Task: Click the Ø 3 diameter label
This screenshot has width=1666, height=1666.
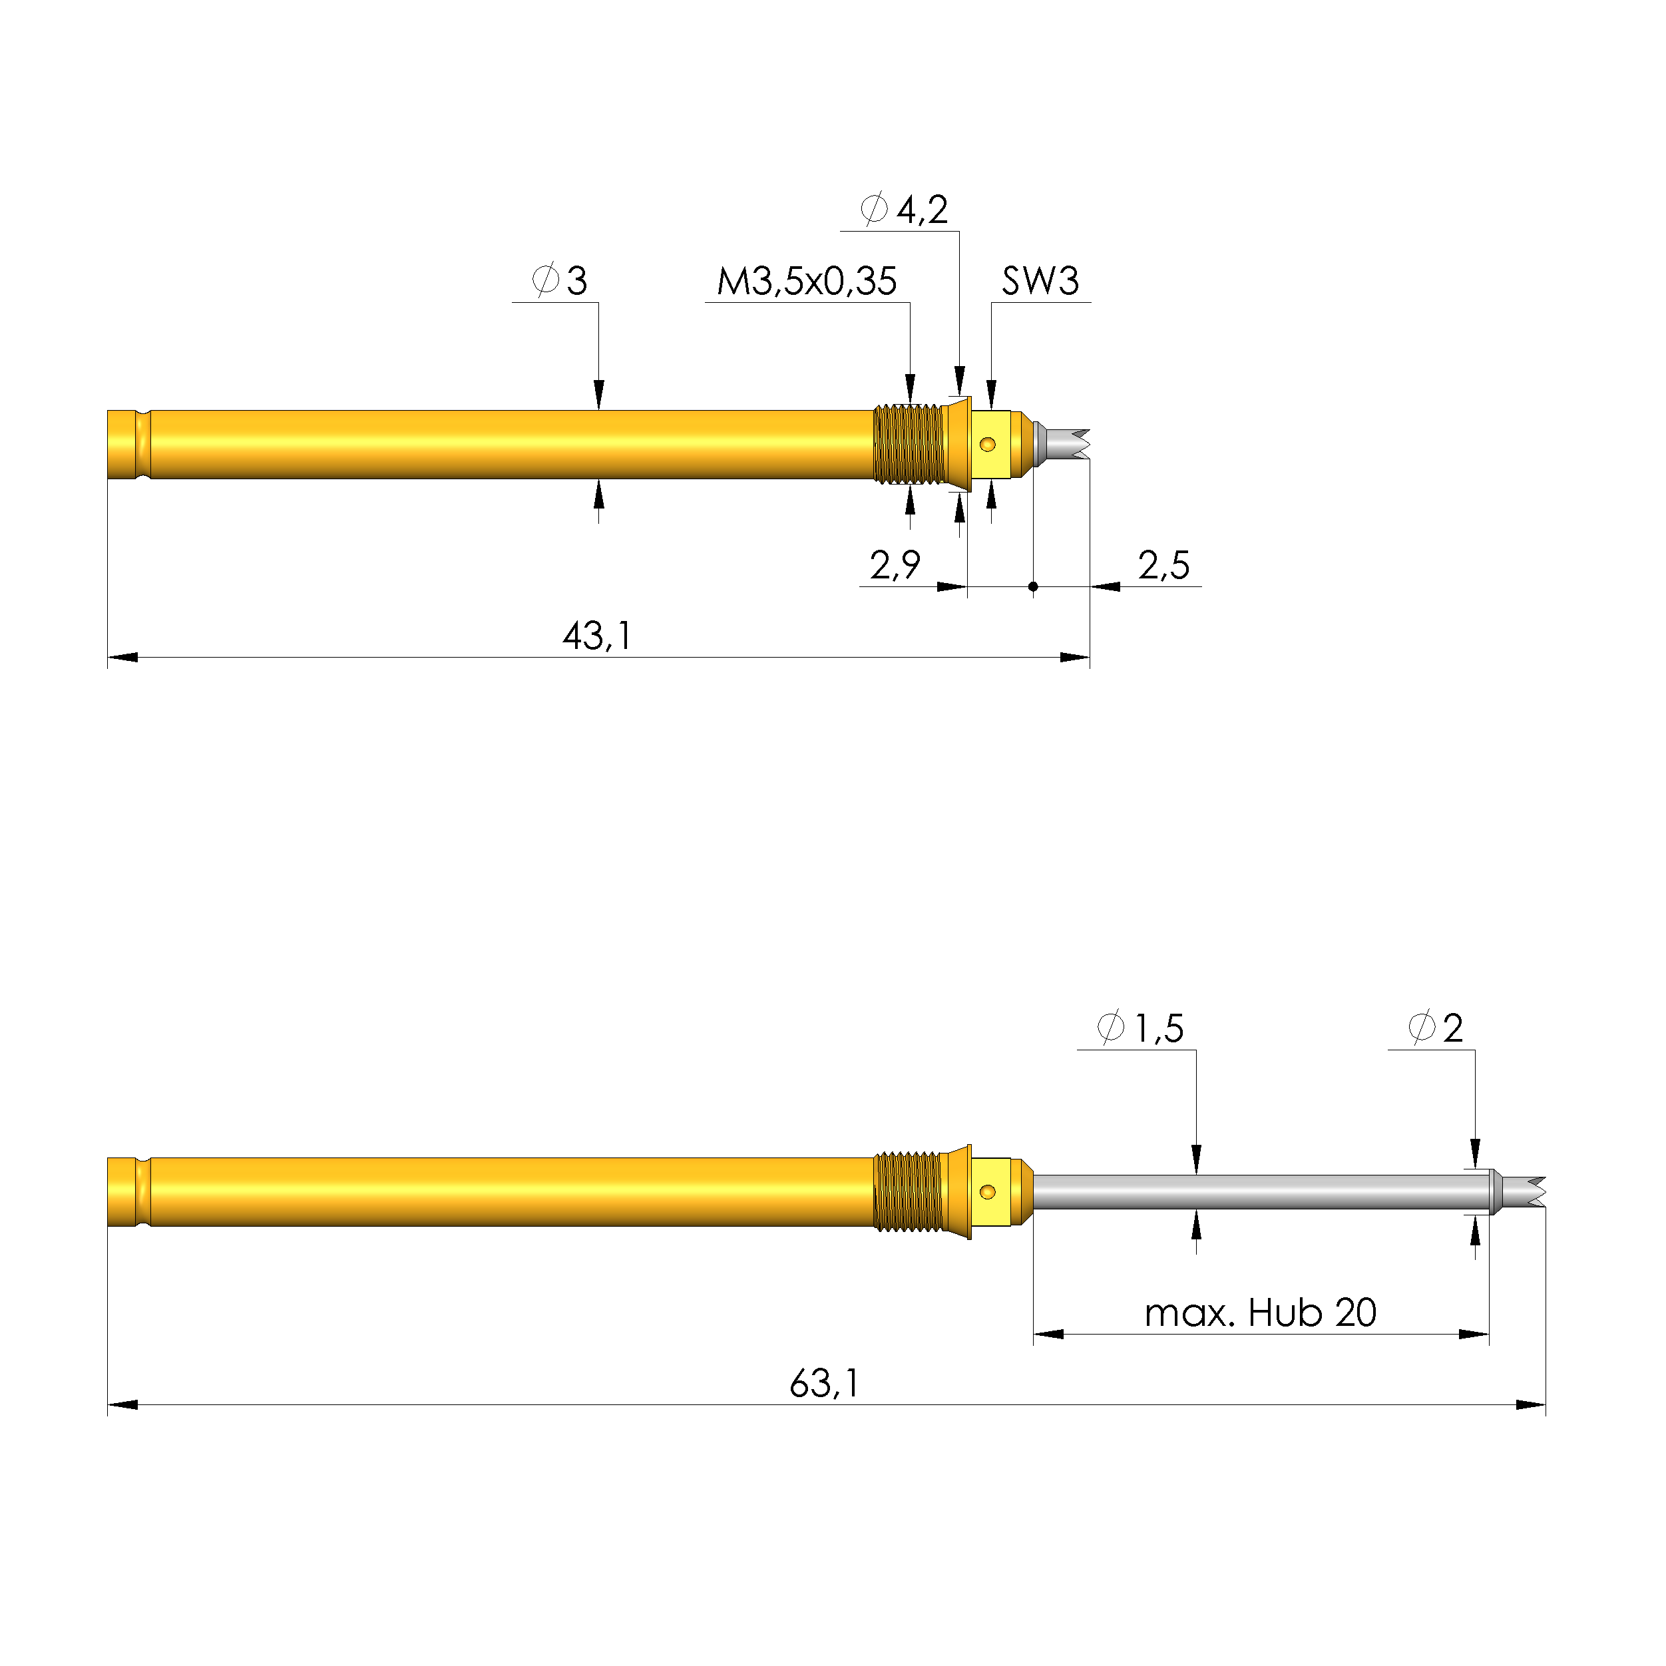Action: [560, 280]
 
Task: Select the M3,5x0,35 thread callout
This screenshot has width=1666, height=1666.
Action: [806, 281]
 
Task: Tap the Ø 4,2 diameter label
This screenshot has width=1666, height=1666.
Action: [905, 210]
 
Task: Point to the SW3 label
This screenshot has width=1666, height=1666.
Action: [1040, 281]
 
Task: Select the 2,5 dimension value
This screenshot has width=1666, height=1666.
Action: [1163, 566]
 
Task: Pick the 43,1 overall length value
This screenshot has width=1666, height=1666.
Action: [597, 636]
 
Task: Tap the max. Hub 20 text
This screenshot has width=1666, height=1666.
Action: [1260, 1313]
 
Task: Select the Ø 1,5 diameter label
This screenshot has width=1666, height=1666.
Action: [1140, 1028]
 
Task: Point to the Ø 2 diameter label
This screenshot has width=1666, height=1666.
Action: [1436, 1028]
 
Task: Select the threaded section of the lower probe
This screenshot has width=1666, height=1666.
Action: [908, 1191]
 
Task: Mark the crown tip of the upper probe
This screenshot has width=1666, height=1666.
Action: [1074, 443]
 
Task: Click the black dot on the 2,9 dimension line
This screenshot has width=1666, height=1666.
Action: [1033, 586]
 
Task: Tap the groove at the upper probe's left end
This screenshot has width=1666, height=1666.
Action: [142, 444]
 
